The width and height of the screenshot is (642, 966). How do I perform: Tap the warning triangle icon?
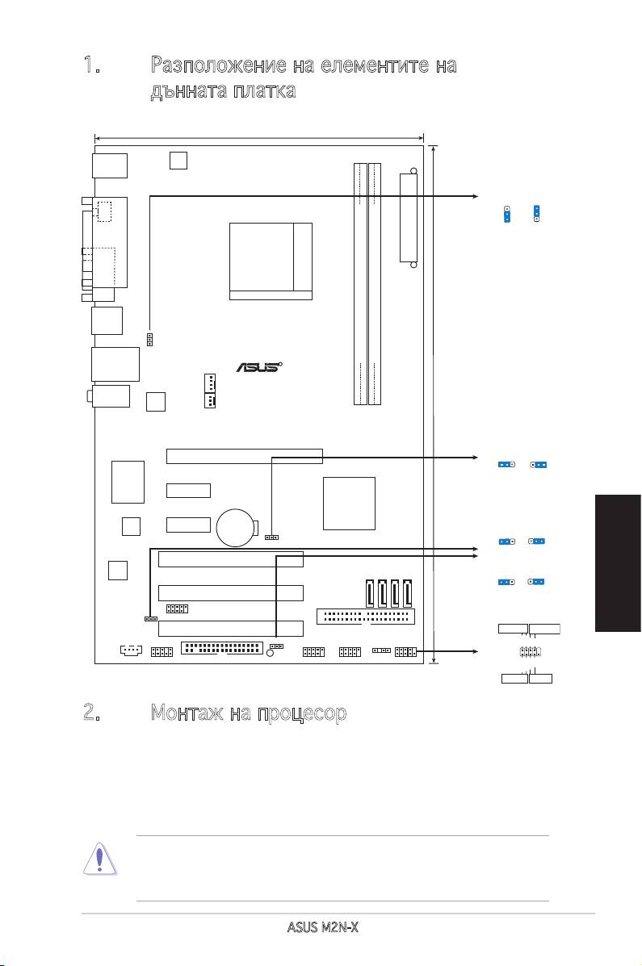[x=99, y=859]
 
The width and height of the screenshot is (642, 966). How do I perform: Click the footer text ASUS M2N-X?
[x=322, y=926]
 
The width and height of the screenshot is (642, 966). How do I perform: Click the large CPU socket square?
[x=271, y=261]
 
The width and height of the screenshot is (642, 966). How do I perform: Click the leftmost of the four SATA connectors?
[x=369, y=593]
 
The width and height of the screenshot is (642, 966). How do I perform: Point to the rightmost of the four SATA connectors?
[x=408, y=593]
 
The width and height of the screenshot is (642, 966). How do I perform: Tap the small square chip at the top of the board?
[x=178, y=160]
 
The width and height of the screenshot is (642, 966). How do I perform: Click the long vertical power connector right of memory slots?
[x=409, y=218]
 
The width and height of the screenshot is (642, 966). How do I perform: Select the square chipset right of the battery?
[x=349, y=504]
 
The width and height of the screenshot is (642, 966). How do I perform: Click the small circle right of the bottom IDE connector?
[x=270, y=652]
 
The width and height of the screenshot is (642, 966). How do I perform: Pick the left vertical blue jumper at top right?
[x=507, y=214]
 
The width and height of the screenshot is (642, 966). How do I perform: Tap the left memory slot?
[x=360, y=283]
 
